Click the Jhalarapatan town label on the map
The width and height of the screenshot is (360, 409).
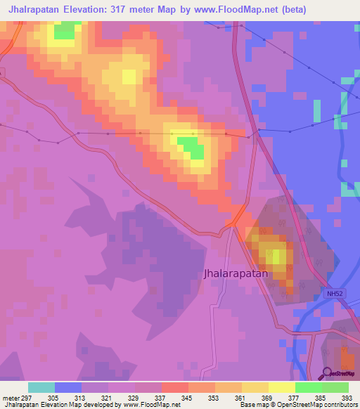(236, 274)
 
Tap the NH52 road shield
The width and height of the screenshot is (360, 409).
(335, 294)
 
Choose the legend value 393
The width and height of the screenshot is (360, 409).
(347, 398)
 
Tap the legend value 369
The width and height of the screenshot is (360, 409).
(268, 398)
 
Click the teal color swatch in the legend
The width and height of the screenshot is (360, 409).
(41, 387)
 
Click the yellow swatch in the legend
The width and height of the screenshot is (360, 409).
(282, 387)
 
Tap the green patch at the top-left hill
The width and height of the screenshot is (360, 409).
(66, 31)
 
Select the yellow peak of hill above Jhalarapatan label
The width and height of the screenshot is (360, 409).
(278, 256)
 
